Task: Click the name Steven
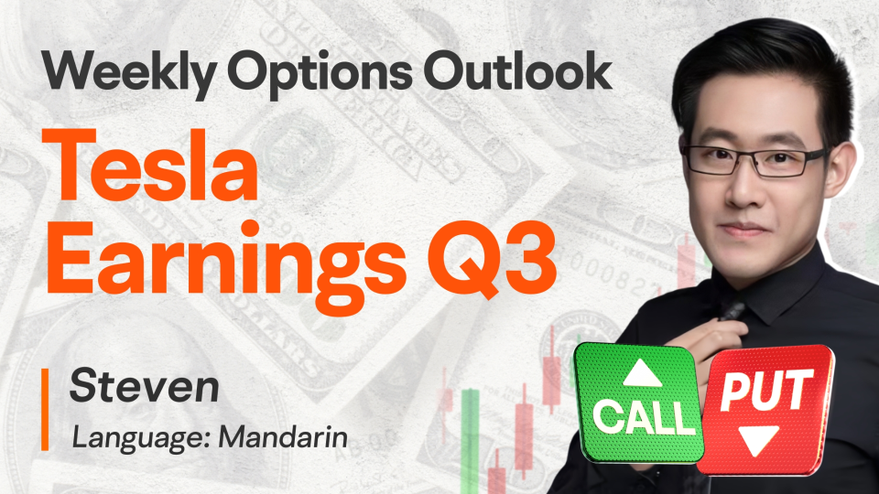tap(144, 386)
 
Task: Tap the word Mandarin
tap(283, 437)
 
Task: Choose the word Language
tap(141, 438)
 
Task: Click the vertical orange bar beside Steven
tap(45, 410)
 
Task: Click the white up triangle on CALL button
tap(643, 373)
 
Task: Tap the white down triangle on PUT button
tap(758, 440)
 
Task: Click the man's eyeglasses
tap(754, 161)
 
